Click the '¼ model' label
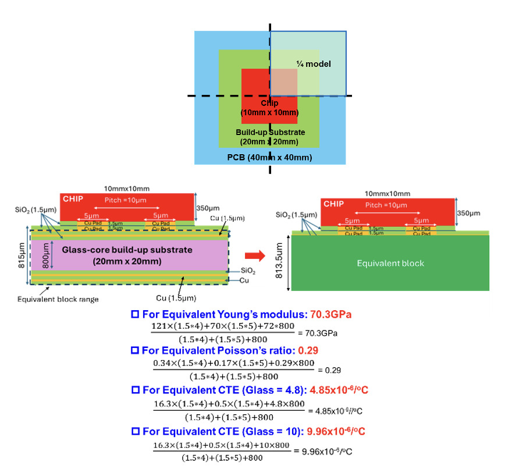(314, 64)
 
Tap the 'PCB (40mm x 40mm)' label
(269, 158)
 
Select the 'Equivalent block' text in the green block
(390, 264)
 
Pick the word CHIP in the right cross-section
(333, 204)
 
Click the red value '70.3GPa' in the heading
(331, 314)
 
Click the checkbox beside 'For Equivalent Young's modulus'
(135, 314)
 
